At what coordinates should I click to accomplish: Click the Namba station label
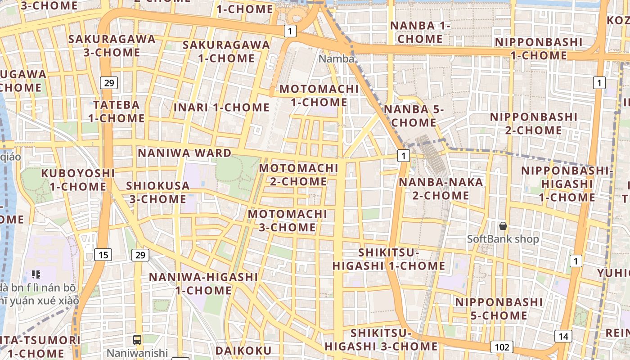pos(337,58)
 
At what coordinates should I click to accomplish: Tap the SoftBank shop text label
pos(503,239)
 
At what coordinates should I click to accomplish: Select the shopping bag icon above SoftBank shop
pos(503,226)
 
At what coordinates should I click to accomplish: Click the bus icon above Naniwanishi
pos(137,340)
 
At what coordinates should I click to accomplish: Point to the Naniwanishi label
pos(137,353)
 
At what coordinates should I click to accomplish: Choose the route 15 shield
pos(103,255)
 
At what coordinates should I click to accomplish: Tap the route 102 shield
pos(502,347)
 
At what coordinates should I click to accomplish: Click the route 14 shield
pos(563,336)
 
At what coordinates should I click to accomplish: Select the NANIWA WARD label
pos(184,153)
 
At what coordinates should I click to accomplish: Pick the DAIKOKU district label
pos(243,351)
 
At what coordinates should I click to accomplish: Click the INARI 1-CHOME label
pos(221,108)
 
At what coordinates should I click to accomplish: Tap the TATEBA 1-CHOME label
pos(116,112)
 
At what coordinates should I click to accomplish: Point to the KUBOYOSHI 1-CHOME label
pos(78,180)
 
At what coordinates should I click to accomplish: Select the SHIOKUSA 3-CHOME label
pos(156,192)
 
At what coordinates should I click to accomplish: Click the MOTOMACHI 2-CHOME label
pos(299,175)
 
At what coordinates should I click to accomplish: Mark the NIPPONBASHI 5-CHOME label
pos(499,308)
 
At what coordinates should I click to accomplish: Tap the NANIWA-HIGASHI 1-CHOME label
pos(203,283)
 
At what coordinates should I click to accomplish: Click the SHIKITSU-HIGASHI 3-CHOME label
pos(381,340)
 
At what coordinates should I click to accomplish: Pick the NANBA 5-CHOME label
pos(414,116)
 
